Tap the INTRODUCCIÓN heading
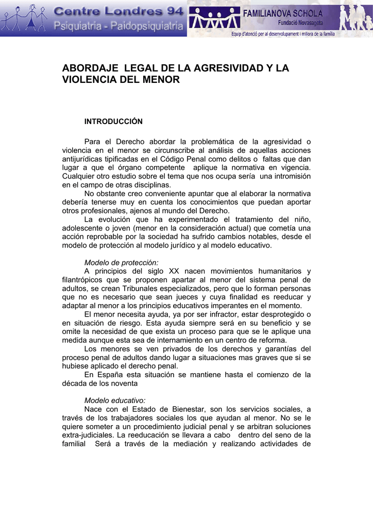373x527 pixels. click(x=113, y=121)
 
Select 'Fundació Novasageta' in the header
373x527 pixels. click(x=300, y=23)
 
